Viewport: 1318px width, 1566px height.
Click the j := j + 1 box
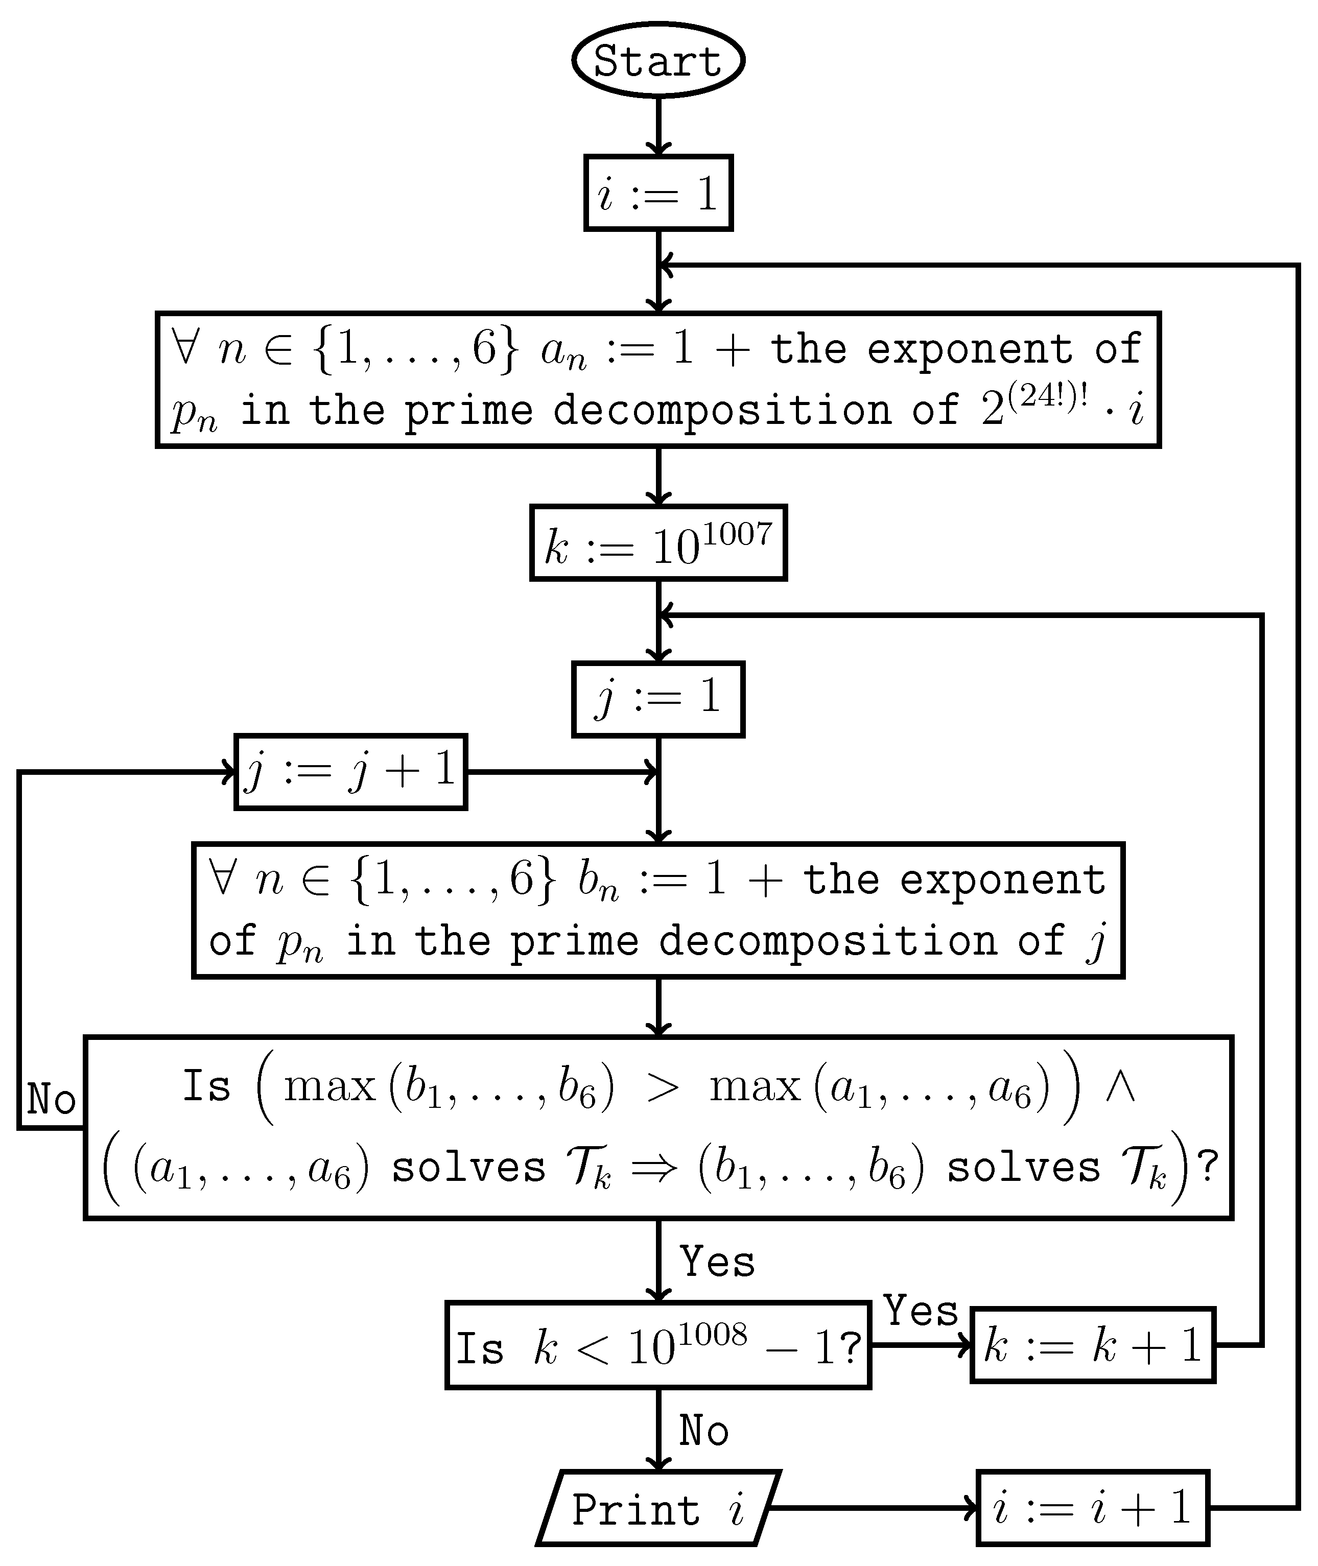tap(350, 772)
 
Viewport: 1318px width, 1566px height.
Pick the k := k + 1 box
tap(1092, 1345)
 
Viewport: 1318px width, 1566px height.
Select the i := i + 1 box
tap(1092, 1508)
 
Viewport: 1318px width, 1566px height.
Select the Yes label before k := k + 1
tap(921, 1311)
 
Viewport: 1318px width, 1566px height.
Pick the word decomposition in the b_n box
tap(828, 941)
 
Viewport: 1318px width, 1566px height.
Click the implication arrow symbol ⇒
tap(654, 1167)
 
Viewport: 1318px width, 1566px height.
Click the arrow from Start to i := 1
tap(658, 126)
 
